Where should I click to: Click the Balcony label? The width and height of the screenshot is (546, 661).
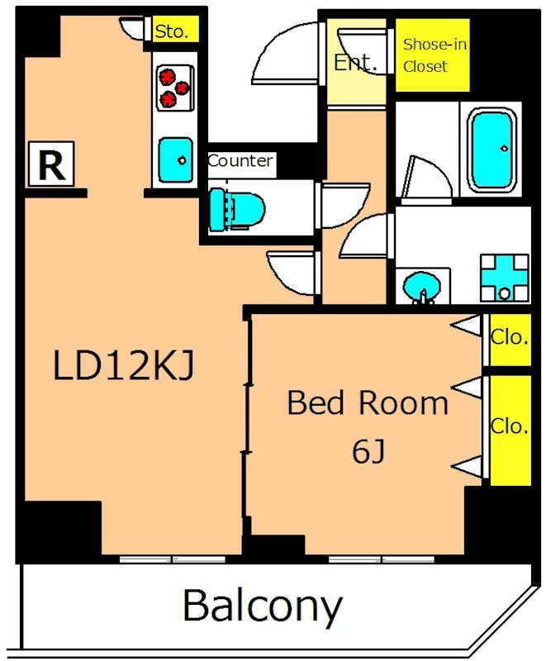click(x=262, y=607)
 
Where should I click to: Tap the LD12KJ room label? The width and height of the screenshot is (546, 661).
click(x=123, y=366)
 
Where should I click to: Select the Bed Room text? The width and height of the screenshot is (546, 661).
click(x=368, y=403)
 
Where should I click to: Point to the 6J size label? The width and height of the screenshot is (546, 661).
click(x=368, y=451)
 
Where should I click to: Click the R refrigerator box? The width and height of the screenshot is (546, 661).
click(x=51, y=164)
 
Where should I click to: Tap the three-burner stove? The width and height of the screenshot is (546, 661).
click(x=174, y=88)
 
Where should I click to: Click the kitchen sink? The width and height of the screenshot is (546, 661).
click(x=176, y=160)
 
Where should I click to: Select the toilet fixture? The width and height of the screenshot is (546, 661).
click(x=237, y=210)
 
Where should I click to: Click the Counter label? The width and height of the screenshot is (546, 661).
click(x=240, y=161)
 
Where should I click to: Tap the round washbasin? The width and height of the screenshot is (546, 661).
click(x=422, y=287)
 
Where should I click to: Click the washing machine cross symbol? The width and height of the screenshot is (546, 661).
click(x=505, y=278)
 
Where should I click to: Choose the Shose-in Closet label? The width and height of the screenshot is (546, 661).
click(x=434, y=55)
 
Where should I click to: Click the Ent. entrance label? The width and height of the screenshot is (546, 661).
click(x=354, y=63)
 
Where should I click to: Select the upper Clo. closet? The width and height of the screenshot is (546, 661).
click(x=510, y=340)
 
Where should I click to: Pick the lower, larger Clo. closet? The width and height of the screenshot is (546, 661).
click(x=510, y=430)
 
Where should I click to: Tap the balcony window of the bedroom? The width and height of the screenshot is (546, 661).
click(x=382, y=559)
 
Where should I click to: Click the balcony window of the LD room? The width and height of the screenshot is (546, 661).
click(x=173, y=559)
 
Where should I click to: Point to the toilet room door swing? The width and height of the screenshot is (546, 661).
click(x=344, y=204)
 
